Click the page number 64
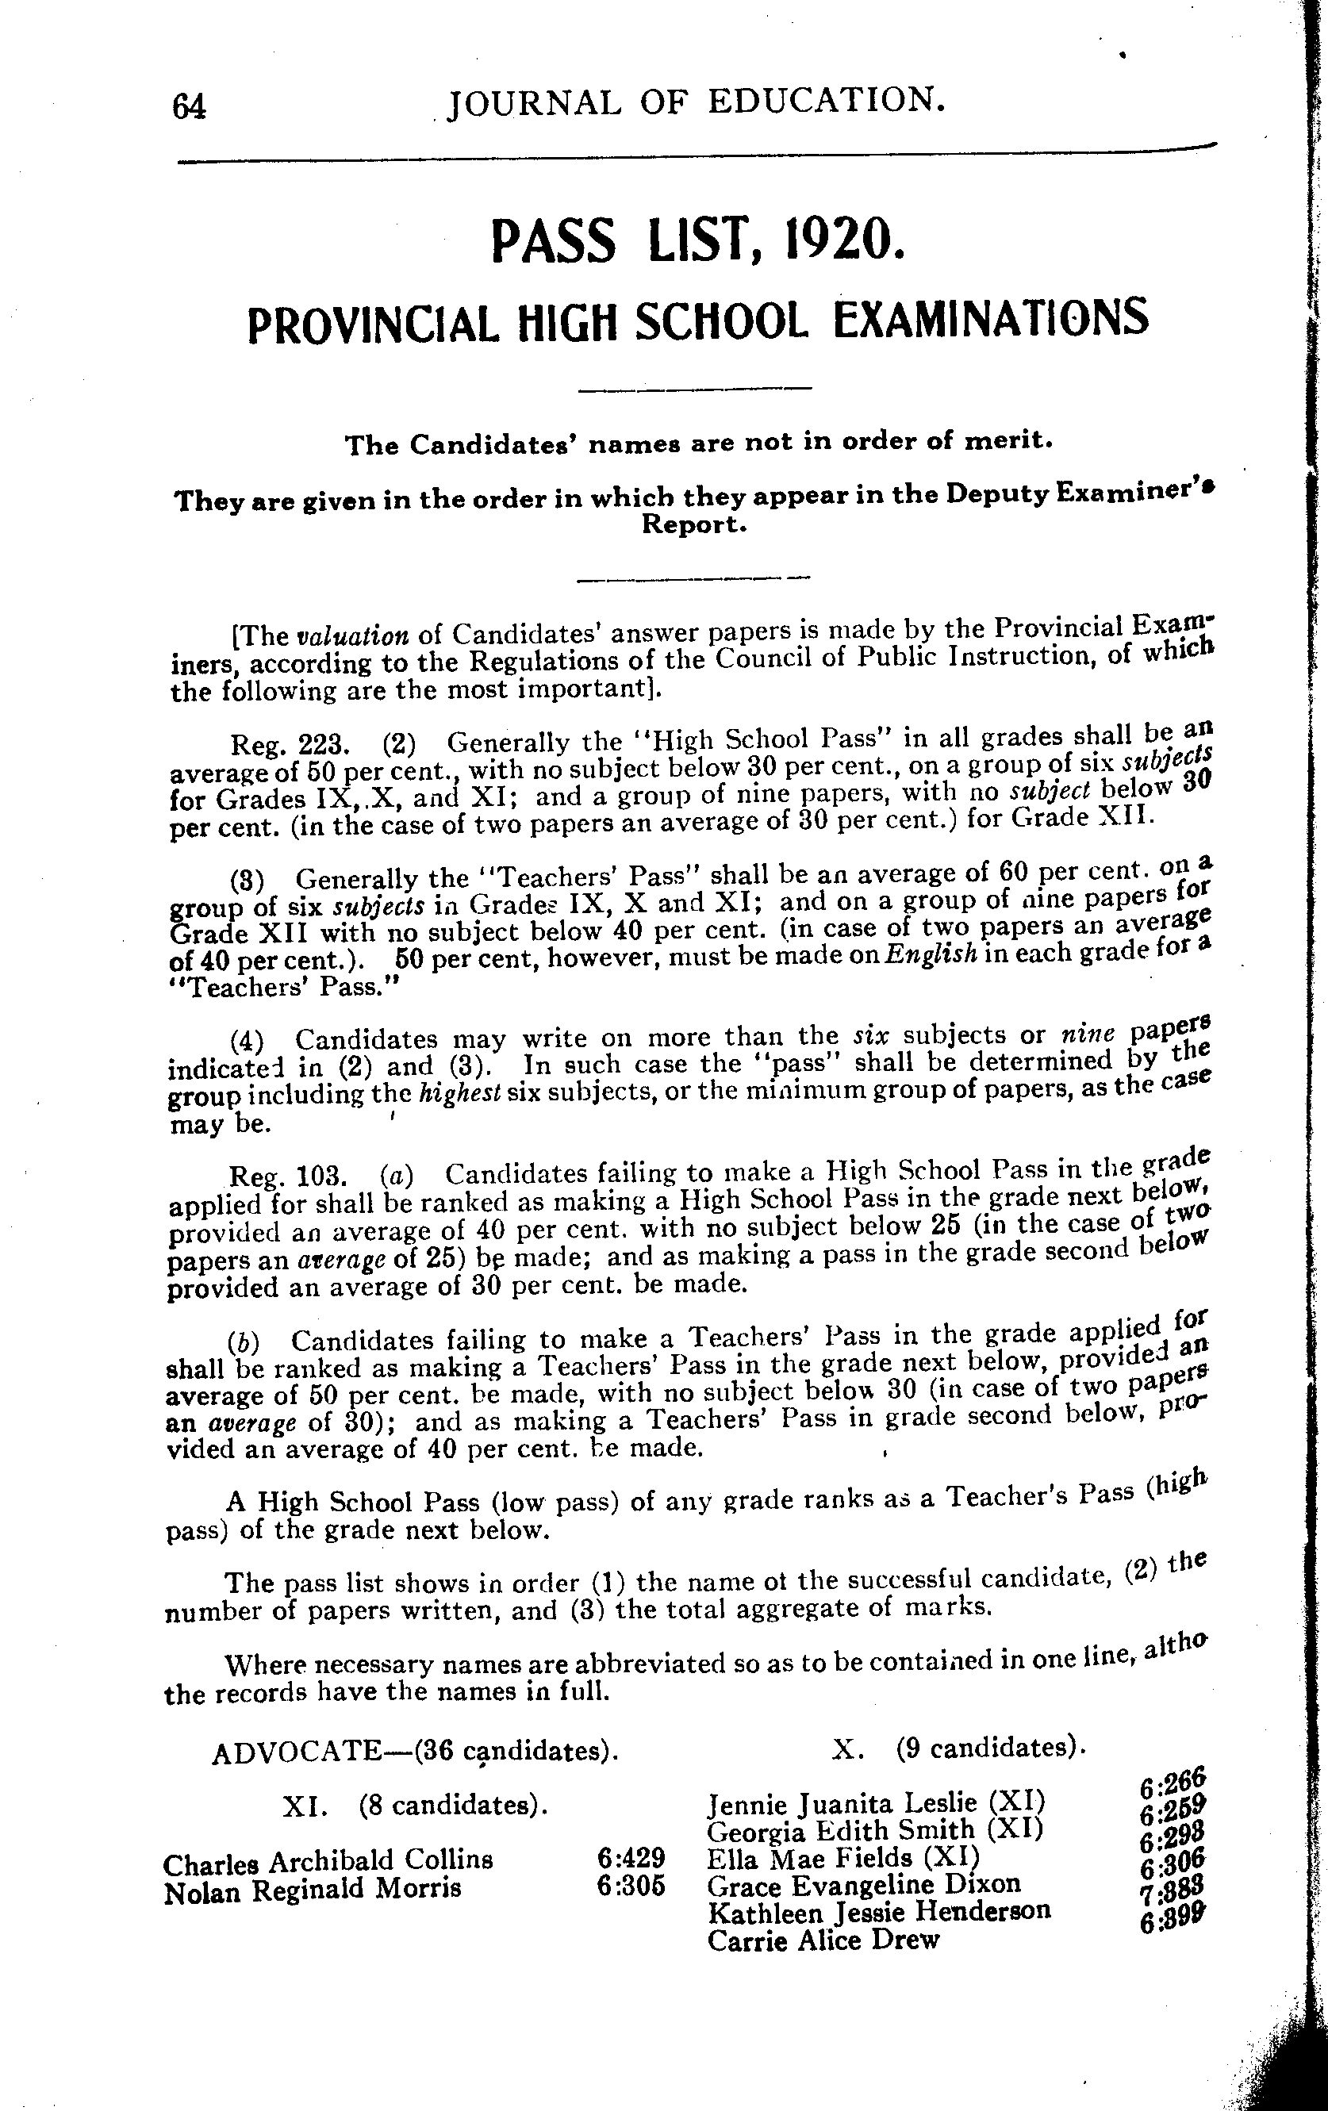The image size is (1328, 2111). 190,108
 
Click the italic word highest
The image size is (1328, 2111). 453,1093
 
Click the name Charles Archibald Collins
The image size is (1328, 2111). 328,1860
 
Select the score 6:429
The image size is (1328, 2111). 629,1858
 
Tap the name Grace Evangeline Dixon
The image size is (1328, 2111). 863,1884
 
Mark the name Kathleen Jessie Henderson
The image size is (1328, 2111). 878,1911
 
